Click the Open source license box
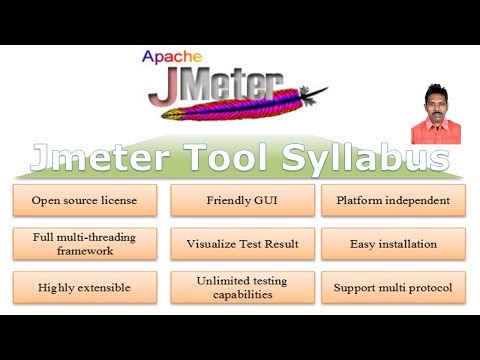coord(85,201)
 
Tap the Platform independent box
coord(393,201)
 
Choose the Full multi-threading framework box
coord(85,244)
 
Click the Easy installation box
coord(393,244)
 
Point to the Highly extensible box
coord(85,288)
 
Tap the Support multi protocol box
coord(393,288)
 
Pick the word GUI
coord(263,201)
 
